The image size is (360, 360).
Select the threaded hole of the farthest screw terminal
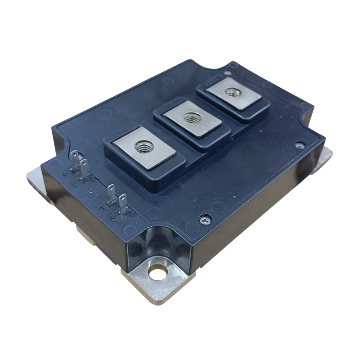(x=232, y=93)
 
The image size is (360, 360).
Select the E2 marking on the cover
(x=102, y=208)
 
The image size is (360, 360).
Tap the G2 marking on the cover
(x=113, y=216)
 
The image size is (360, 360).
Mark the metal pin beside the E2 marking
(x=111, y=193)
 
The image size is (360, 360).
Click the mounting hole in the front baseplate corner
(x=157, y=271)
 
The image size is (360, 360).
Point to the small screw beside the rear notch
(x=232, y=66)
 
